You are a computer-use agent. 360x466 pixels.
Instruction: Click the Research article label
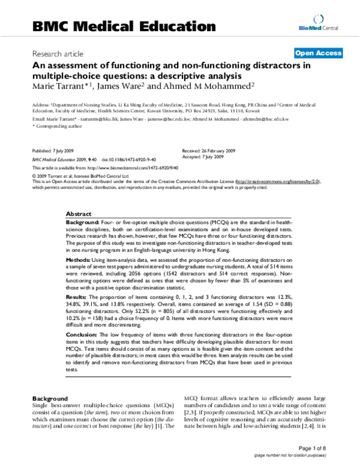[x=59, y=53]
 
